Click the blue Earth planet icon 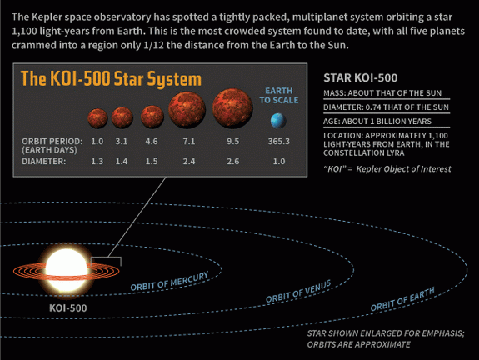tap(278, 120)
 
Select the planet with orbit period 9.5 tap(232, 108)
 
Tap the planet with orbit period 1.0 tap(97, 118)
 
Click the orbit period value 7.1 tap(189, 142)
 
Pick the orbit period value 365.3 tap(278, 141)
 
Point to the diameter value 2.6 tap(232, 162)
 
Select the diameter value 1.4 tap(122, 162)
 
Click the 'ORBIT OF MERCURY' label tap(170, 281)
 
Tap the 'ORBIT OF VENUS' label tap(298, 291)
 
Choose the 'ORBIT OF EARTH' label tap(402, 299)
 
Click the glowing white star tap(67, 271)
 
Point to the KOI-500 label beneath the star tap(67, 308)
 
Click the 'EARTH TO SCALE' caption tap(278, 96)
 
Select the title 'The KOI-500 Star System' tap(111, 79)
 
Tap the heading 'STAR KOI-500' tap(361, 78)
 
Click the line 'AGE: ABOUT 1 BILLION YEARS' tap(377, 122)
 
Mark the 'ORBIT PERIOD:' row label tap(52, 141)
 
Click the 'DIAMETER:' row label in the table tap(43, 162)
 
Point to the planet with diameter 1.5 tap(152, 117)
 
